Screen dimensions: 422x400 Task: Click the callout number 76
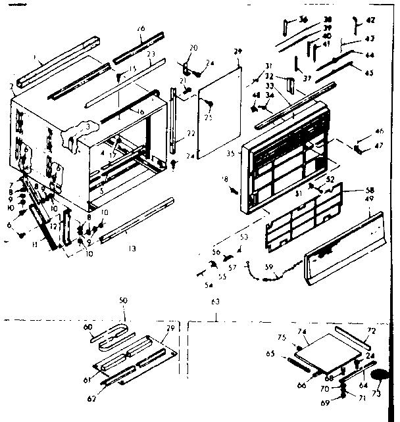(x=141, y=29)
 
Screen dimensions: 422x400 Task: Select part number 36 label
(x=303, y=19)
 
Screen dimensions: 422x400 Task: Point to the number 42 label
(x=370, y=20)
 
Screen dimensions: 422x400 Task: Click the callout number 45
(x=368, y=72)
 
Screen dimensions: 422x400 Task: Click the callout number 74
(x=303, y=331)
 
